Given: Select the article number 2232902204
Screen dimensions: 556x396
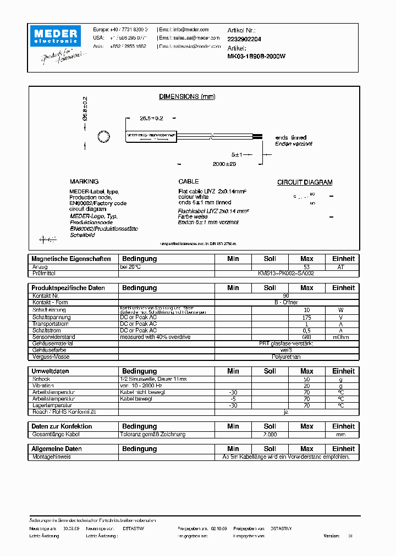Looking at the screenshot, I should [x=244, y=39].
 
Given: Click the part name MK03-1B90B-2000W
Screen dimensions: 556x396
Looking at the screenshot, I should [x=256, y=56].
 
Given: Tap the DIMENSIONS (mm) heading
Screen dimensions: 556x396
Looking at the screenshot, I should [x=187, y=97].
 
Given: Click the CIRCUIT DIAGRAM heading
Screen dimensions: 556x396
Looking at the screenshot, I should [x=304, y=182].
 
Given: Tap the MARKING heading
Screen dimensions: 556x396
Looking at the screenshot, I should [x=84, y=181].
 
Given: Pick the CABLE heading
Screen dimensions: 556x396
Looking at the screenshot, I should [x=189, y=181].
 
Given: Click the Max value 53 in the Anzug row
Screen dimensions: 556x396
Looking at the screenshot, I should [x=306, y=266].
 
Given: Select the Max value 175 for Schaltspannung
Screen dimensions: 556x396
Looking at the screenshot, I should [x=306, y=318].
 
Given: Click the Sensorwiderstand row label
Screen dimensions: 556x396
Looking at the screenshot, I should [x=53, y=337].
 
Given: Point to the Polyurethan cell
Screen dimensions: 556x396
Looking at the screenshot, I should [x=286, y=356].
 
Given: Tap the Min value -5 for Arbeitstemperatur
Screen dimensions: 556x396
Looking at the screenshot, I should [x=233, y=399].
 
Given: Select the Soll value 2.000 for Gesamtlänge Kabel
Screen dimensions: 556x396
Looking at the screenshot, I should [x=269, y=434].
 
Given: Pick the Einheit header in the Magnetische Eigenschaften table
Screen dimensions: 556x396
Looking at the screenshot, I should [x=343, y=258].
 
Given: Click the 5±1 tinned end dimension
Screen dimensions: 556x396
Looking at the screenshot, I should [x=237, y=154].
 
